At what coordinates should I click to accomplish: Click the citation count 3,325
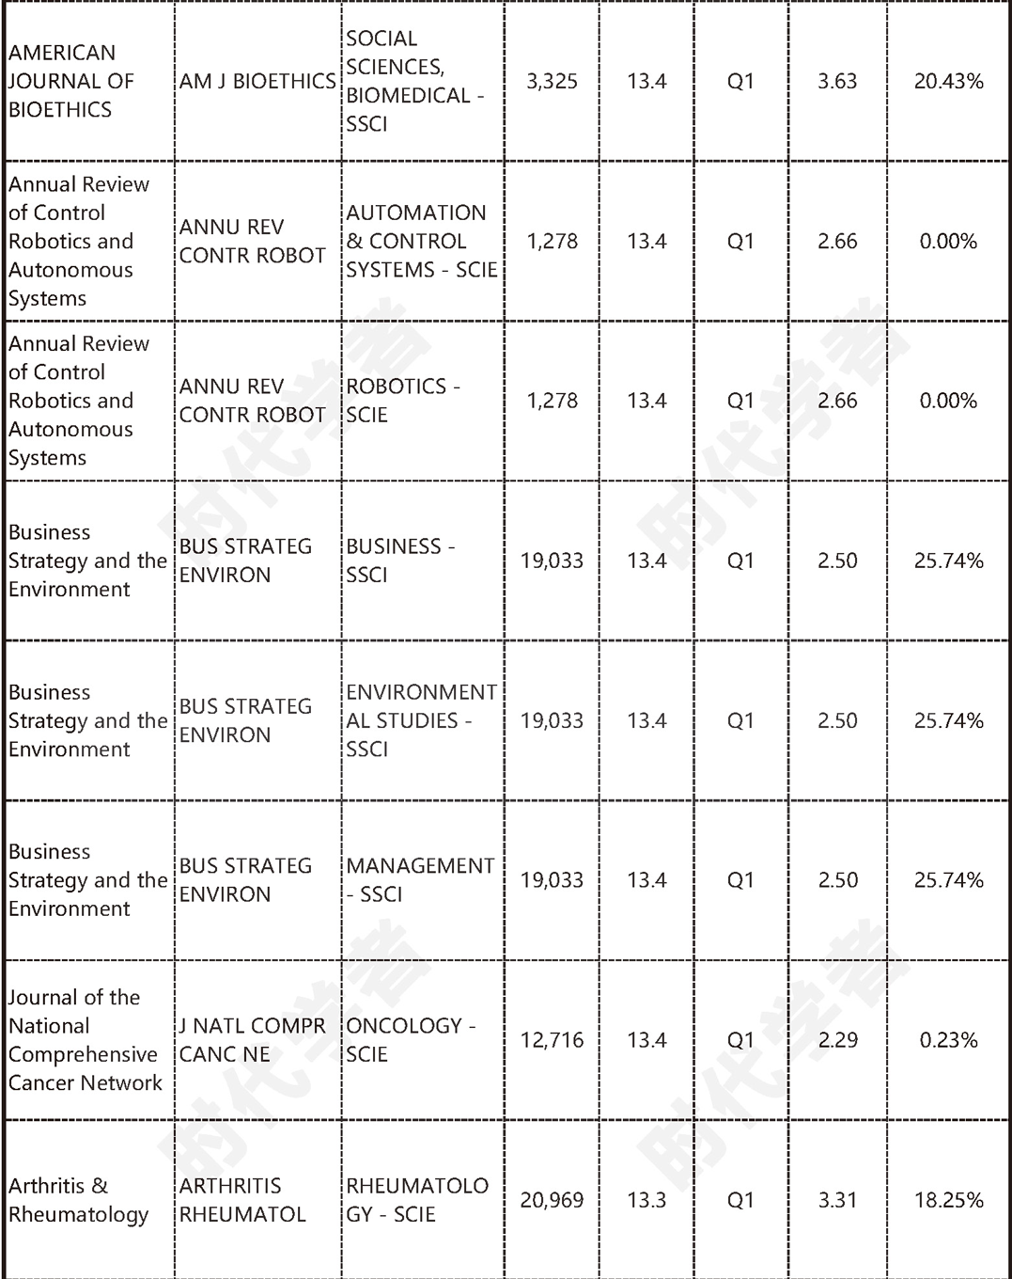552,82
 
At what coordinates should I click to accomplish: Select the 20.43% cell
948,82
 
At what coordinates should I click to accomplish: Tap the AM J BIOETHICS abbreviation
257,82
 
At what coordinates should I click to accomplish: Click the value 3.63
837,82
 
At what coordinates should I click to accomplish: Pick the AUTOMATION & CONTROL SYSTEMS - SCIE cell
422,242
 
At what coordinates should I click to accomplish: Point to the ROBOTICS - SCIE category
403,401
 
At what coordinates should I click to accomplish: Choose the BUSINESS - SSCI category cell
401,561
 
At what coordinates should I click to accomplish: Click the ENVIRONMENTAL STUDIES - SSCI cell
422,720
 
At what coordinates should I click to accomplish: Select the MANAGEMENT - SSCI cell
420,880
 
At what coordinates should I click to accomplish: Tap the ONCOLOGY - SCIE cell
411,1040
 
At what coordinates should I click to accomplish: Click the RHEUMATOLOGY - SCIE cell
417,1200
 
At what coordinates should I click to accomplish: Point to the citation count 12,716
552,1040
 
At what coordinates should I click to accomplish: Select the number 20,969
552,1200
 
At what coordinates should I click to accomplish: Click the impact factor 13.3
646,1200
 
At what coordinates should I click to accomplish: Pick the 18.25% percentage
948,1200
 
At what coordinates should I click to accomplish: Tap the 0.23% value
948,1040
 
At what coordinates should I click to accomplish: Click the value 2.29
837,1040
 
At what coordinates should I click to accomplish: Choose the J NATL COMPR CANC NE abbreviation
253,1040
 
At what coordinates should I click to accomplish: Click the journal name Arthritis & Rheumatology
78,1200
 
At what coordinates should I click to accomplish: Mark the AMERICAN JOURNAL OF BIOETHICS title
71,82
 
